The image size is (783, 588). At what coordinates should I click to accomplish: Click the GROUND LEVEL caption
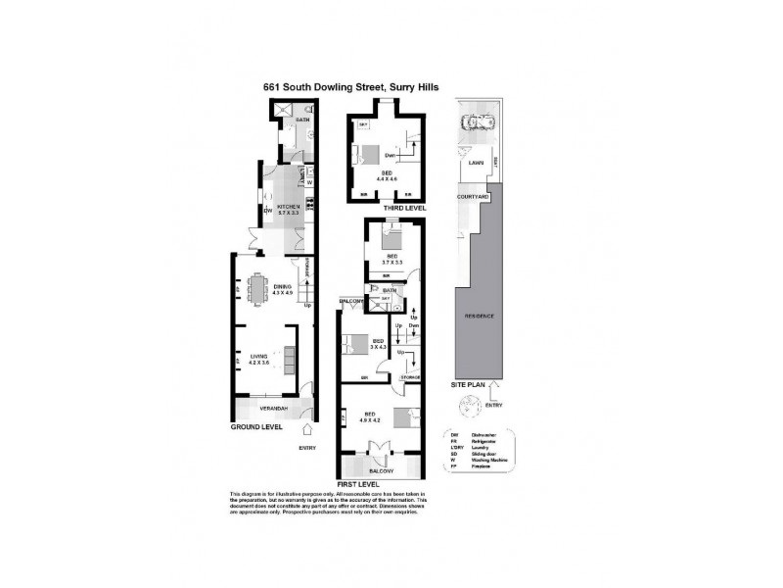(256, 428)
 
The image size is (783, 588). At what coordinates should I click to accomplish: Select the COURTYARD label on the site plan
(473, 197)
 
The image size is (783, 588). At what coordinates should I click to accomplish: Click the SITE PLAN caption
(466, 385)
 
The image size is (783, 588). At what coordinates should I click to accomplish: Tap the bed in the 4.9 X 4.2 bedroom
(404, 417)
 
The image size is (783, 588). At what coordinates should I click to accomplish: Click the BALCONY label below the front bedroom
(380, 470)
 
